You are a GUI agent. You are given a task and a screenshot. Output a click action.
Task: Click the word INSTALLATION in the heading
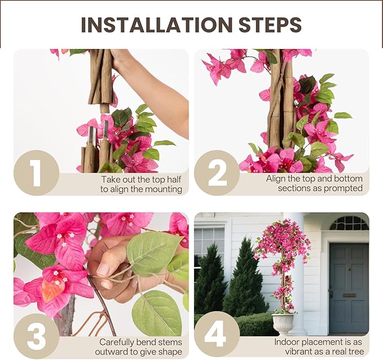tap(157, 25)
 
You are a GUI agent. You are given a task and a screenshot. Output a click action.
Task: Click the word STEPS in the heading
tap(270, 25)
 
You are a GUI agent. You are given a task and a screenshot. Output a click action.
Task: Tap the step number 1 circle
tap(37, 172)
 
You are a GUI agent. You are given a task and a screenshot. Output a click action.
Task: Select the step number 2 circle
tap(217, 172)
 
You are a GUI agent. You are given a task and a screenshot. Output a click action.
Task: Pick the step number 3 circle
tap(37, 336)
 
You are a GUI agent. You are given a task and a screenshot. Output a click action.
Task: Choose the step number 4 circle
tap(217, 336)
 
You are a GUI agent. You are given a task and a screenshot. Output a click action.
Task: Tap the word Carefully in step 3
tap(116, 343)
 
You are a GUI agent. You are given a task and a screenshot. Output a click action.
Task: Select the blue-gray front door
tap(349, 288)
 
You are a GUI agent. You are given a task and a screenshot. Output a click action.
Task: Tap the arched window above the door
tap(349, 224)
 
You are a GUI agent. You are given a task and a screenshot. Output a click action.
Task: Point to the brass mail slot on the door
tap(349, 295)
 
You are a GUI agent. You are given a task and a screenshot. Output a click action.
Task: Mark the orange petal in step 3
tap(52, 290)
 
